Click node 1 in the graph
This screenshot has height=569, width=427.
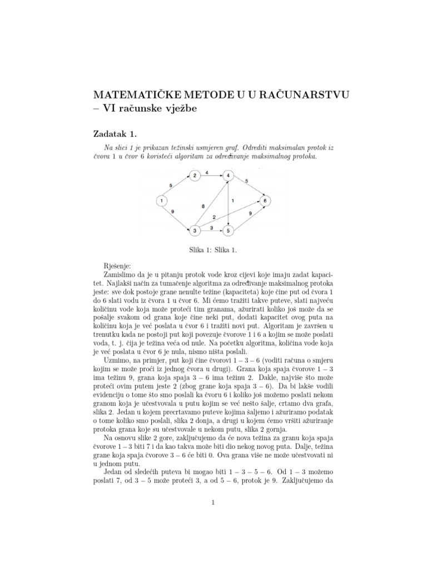click(x=161, y=201)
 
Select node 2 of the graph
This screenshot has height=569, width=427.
click(x=195, y=177)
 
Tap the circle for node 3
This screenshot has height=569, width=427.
click(x=195, y=229)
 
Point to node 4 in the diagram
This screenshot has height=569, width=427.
click(x=229, y=177)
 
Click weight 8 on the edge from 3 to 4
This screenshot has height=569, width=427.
click(x=203, y=206)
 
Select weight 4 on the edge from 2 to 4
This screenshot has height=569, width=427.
click(x=207, y=173)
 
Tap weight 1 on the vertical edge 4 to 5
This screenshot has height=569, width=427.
click(x=232, y=200)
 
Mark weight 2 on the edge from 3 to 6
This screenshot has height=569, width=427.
click(x=214, y=217)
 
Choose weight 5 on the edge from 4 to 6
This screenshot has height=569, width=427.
click(x=246, y=181)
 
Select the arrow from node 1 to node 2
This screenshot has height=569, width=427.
click(x=177, y=189)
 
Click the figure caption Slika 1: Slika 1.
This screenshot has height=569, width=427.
click(x=213, y=250)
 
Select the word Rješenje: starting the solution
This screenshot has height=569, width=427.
click(x=117, y=267)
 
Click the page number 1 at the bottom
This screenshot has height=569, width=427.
click(x=213, y=503)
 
